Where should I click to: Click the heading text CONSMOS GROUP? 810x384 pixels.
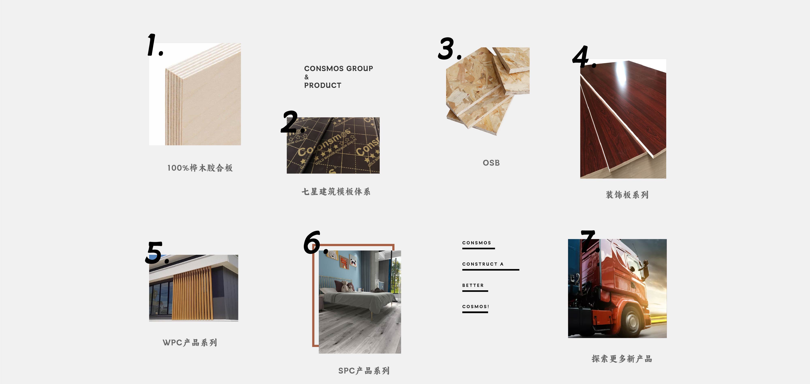pyautogui.click(x=338, y=68)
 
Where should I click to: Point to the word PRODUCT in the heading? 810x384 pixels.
pyautogui.click(x=323, y=85)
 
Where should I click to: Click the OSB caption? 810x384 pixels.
pyautogui.click(x=491, y=163)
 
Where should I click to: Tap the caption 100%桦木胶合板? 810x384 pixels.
pyautogui.click(x=200, y=168)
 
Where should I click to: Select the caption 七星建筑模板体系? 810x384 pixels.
pyautogui.click(x=336, y=192)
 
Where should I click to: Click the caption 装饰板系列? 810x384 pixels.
pyautogui.click(x=627, y=195)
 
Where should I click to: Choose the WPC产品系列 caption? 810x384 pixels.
pyautogui.click(x=190, y=343)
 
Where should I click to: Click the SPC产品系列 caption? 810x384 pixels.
pyautogui.click(x=364, y=371)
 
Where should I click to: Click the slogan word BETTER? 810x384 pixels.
pyautogui.click(x=473, y=285)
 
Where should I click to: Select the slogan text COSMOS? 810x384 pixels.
pyautogui.click(x=475, y=306)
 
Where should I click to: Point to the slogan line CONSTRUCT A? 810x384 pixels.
pyautogui.click(x=483, y=264)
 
